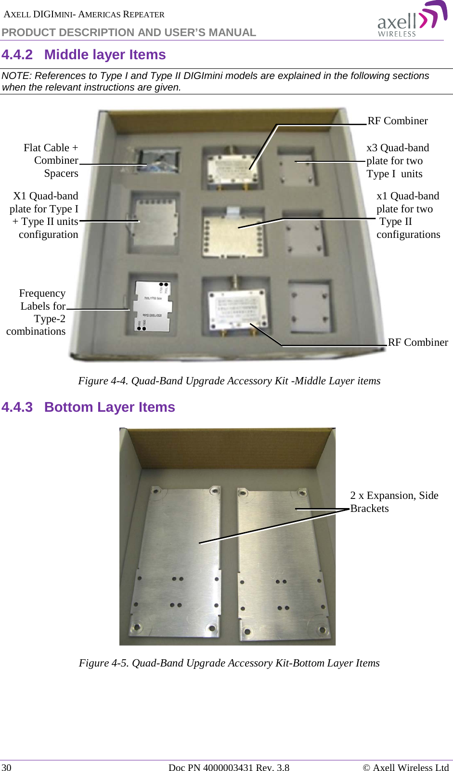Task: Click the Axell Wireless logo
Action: click(x=412, y=19)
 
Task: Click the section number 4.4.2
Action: click(x=17, y=55)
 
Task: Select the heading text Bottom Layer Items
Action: click(x=109, y=407)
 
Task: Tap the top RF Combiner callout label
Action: click(x=398, y=121)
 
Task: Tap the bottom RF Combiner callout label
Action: click(x=417, y=342)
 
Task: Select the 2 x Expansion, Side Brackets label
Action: click(x=394, y=502)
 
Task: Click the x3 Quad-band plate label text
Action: click(x=397, y=161)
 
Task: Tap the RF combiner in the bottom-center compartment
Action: click(x=236, y=308)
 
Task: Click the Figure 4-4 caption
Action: click(x=229, y=381)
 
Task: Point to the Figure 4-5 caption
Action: click(x=229, y=663)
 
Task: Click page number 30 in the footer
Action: click(x=7, y=767)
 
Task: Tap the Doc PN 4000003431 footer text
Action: click(x=229, y=767)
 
